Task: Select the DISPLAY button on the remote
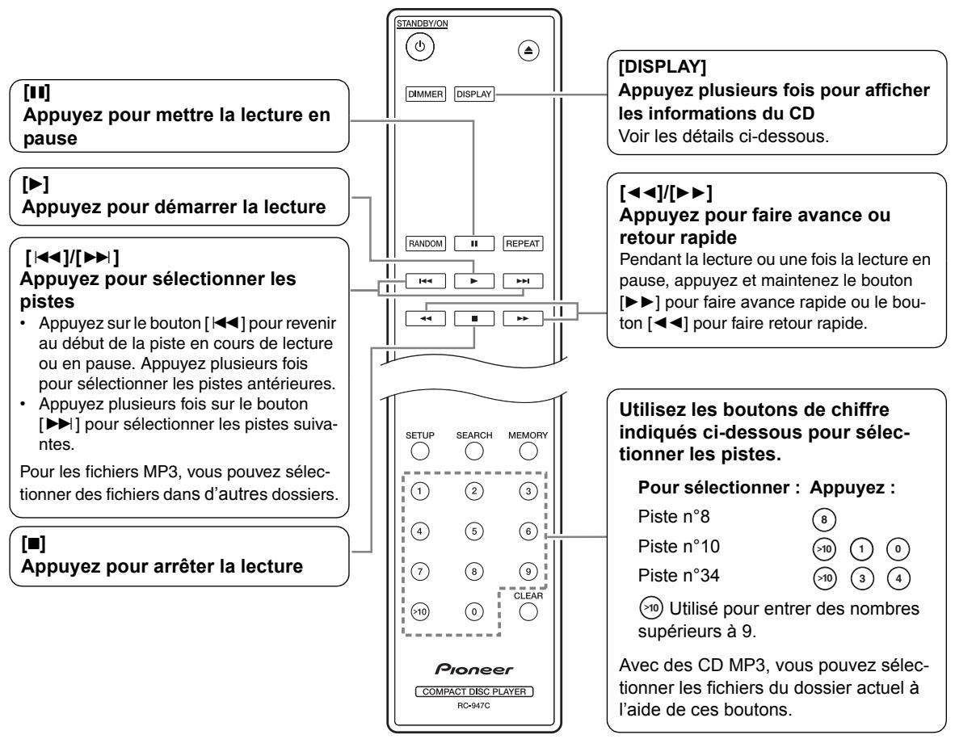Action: (473, 92)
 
